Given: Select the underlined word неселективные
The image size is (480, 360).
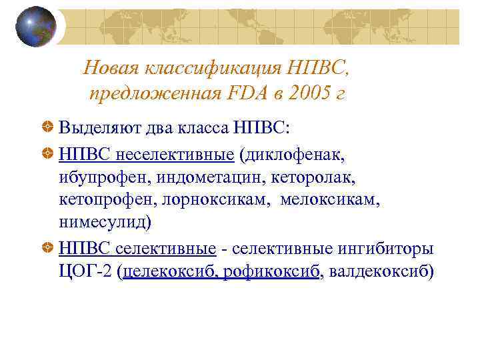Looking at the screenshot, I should point(175,155).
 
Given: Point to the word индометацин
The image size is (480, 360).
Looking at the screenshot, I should point(200,177).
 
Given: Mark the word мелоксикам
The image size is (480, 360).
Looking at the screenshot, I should point(331,199).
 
